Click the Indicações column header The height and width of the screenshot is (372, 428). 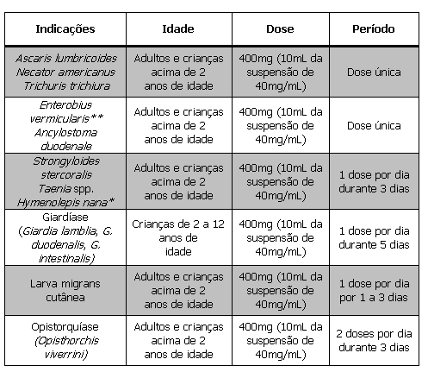[x=65, y=28]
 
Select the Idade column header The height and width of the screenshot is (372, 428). [x=177, y=28]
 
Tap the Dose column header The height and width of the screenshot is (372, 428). [x=280, y=28]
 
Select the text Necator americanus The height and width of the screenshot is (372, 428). [x=65, y=72]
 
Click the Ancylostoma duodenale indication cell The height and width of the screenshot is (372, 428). [x=65, y=140]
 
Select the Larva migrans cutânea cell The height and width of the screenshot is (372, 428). [x=65, y=291]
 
